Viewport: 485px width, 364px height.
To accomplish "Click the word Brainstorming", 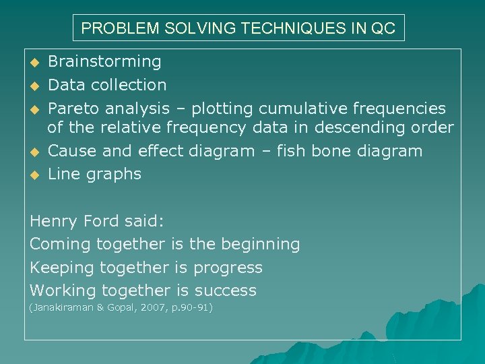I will tap(104, 62).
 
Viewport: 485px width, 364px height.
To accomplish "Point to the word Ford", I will tap(99, 220).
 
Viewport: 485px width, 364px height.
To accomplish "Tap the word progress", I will tap(228, 268).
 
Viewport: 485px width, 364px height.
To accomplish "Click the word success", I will tap(226, 291).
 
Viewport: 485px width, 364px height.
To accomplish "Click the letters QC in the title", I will tap(385, 29).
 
